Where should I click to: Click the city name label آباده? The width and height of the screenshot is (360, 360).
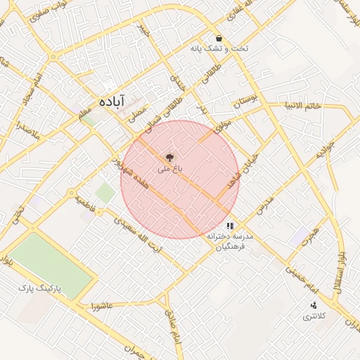(112, 101)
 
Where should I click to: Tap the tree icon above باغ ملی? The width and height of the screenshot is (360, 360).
(169, 157)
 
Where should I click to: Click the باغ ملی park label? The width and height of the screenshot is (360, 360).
(169, 169)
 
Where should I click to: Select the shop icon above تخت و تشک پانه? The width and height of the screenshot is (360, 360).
(219, 38)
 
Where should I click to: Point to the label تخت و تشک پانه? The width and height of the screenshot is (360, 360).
(219, 50)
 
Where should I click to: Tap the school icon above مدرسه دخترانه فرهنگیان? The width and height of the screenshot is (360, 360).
(230, 226)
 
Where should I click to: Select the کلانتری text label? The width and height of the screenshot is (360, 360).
(314, 316)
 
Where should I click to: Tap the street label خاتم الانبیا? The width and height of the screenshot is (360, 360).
(303, 106)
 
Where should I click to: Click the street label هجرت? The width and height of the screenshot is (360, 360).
(310, 236)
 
